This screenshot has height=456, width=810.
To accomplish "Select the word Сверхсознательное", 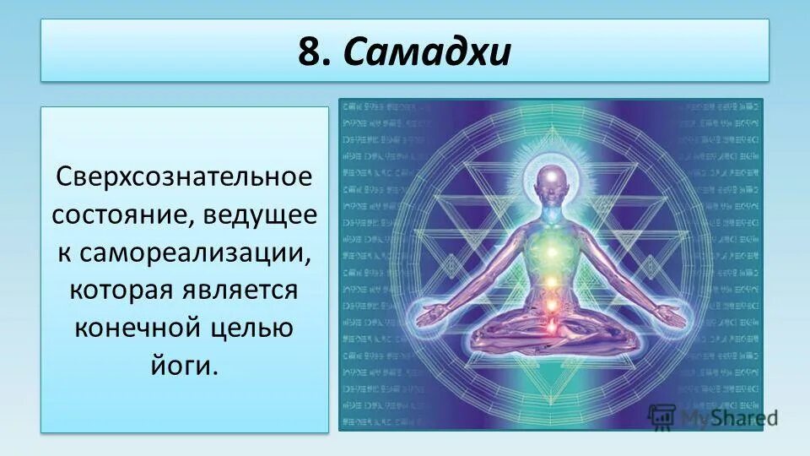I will click(185, 179).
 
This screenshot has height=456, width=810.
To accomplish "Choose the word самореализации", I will click(196, 252).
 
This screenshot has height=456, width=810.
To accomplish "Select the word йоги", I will click(184, 364).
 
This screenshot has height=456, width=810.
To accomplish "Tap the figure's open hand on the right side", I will click(671, 314).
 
